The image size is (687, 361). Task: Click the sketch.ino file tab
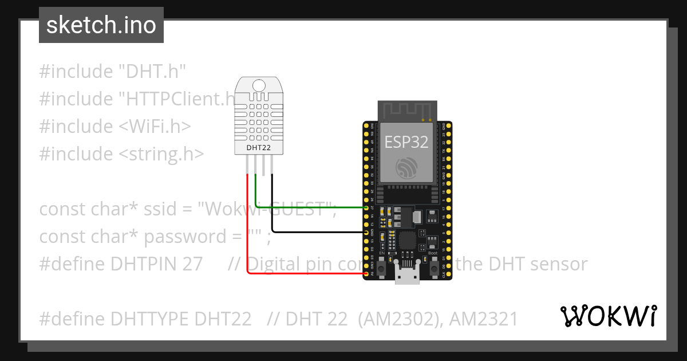[101, 25]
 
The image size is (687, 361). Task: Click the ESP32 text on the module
[406, 142]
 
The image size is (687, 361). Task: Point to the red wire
[247, 229]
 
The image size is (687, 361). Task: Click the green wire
[309, 207]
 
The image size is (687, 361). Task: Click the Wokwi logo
[608, 316]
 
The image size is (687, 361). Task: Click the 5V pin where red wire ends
[367, 274]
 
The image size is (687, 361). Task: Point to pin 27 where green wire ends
[367, 207]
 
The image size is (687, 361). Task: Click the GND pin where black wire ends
[367, 233]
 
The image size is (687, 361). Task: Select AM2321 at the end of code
[483, 319]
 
